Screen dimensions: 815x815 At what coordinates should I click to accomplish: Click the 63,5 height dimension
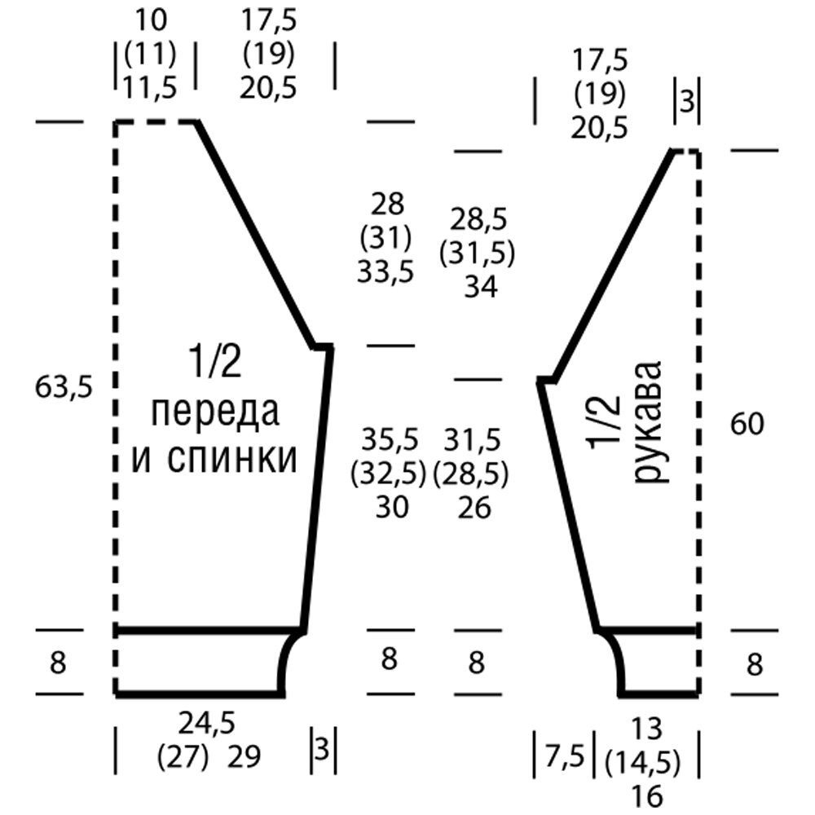(64, 387)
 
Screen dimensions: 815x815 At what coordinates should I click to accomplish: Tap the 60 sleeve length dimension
(747, 424)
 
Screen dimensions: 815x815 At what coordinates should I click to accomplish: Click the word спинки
(232, 458)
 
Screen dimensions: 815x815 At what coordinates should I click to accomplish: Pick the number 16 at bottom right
(648, 795)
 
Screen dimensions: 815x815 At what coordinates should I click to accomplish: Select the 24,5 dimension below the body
(207, 723)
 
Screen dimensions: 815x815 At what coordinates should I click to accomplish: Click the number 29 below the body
(244, 756)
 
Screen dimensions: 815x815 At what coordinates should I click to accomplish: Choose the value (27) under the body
(183, 756)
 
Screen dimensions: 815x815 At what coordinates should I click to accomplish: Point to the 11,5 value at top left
(150, 87)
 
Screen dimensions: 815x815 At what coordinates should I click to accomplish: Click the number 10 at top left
(152, 21)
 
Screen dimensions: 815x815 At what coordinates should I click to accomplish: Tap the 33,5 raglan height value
(385, 272)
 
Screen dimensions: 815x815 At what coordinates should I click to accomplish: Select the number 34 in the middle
(481, 287)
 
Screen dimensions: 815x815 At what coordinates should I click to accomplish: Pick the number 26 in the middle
(474, 508)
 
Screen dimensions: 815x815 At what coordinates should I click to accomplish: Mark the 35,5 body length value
(390, 439)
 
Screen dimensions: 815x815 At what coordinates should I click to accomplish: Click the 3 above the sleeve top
(687, 102)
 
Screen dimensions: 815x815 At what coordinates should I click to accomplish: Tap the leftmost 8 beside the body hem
(58, 663)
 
